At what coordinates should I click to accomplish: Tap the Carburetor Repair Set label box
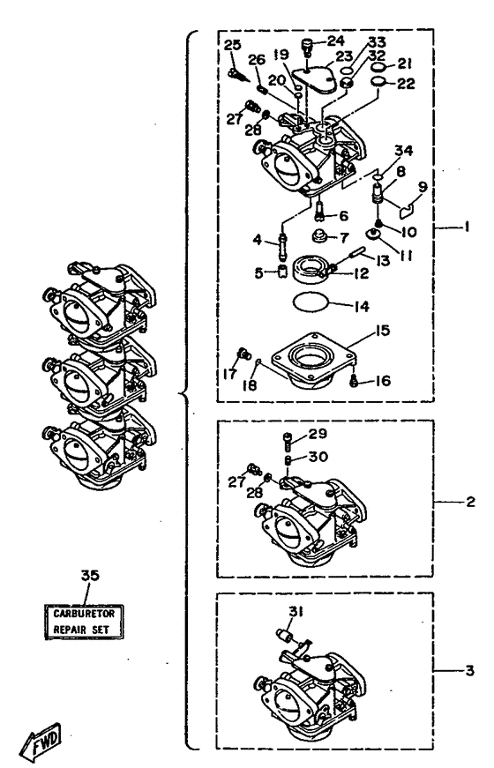coord(83,622)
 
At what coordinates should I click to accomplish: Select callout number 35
coord(90,575)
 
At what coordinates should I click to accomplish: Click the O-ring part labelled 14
coord(311,302)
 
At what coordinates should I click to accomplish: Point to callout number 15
coord(382,331)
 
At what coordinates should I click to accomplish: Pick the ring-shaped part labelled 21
coord(378,67)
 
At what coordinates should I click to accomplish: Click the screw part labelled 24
coord(307,47)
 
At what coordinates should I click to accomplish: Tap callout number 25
coord(232,46)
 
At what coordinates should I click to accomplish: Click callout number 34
coord(404,151)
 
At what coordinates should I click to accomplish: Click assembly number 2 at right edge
coord(470,502)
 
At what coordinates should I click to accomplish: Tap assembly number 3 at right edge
coord(470,670)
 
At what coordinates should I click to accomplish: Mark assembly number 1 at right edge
coord(467,227)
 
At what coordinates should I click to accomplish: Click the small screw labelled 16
coord(355,380)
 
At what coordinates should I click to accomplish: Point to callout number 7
coord(345,238)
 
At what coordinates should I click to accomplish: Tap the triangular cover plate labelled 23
coord(314,78)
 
